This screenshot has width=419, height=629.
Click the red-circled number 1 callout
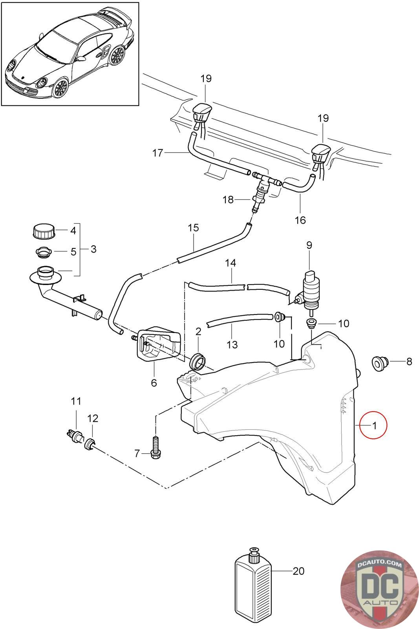point(374,425)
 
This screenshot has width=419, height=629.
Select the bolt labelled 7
point(156,447)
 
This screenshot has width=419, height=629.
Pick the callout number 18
point(228,200)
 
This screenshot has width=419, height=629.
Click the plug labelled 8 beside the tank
point(379,363)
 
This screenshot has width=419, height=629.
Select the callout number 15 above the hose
point(193,228)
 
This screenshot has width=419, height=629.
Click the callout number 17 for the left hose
point(157,153)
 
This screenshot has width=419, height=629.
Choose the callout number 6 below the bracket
point(154,382)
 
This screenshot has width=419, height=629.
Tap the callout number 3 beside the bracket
point(93,249)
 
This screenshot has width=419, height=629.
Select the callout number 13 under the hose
point(232,345)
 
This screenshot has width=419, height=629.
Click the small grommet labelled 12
point(90,445)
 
